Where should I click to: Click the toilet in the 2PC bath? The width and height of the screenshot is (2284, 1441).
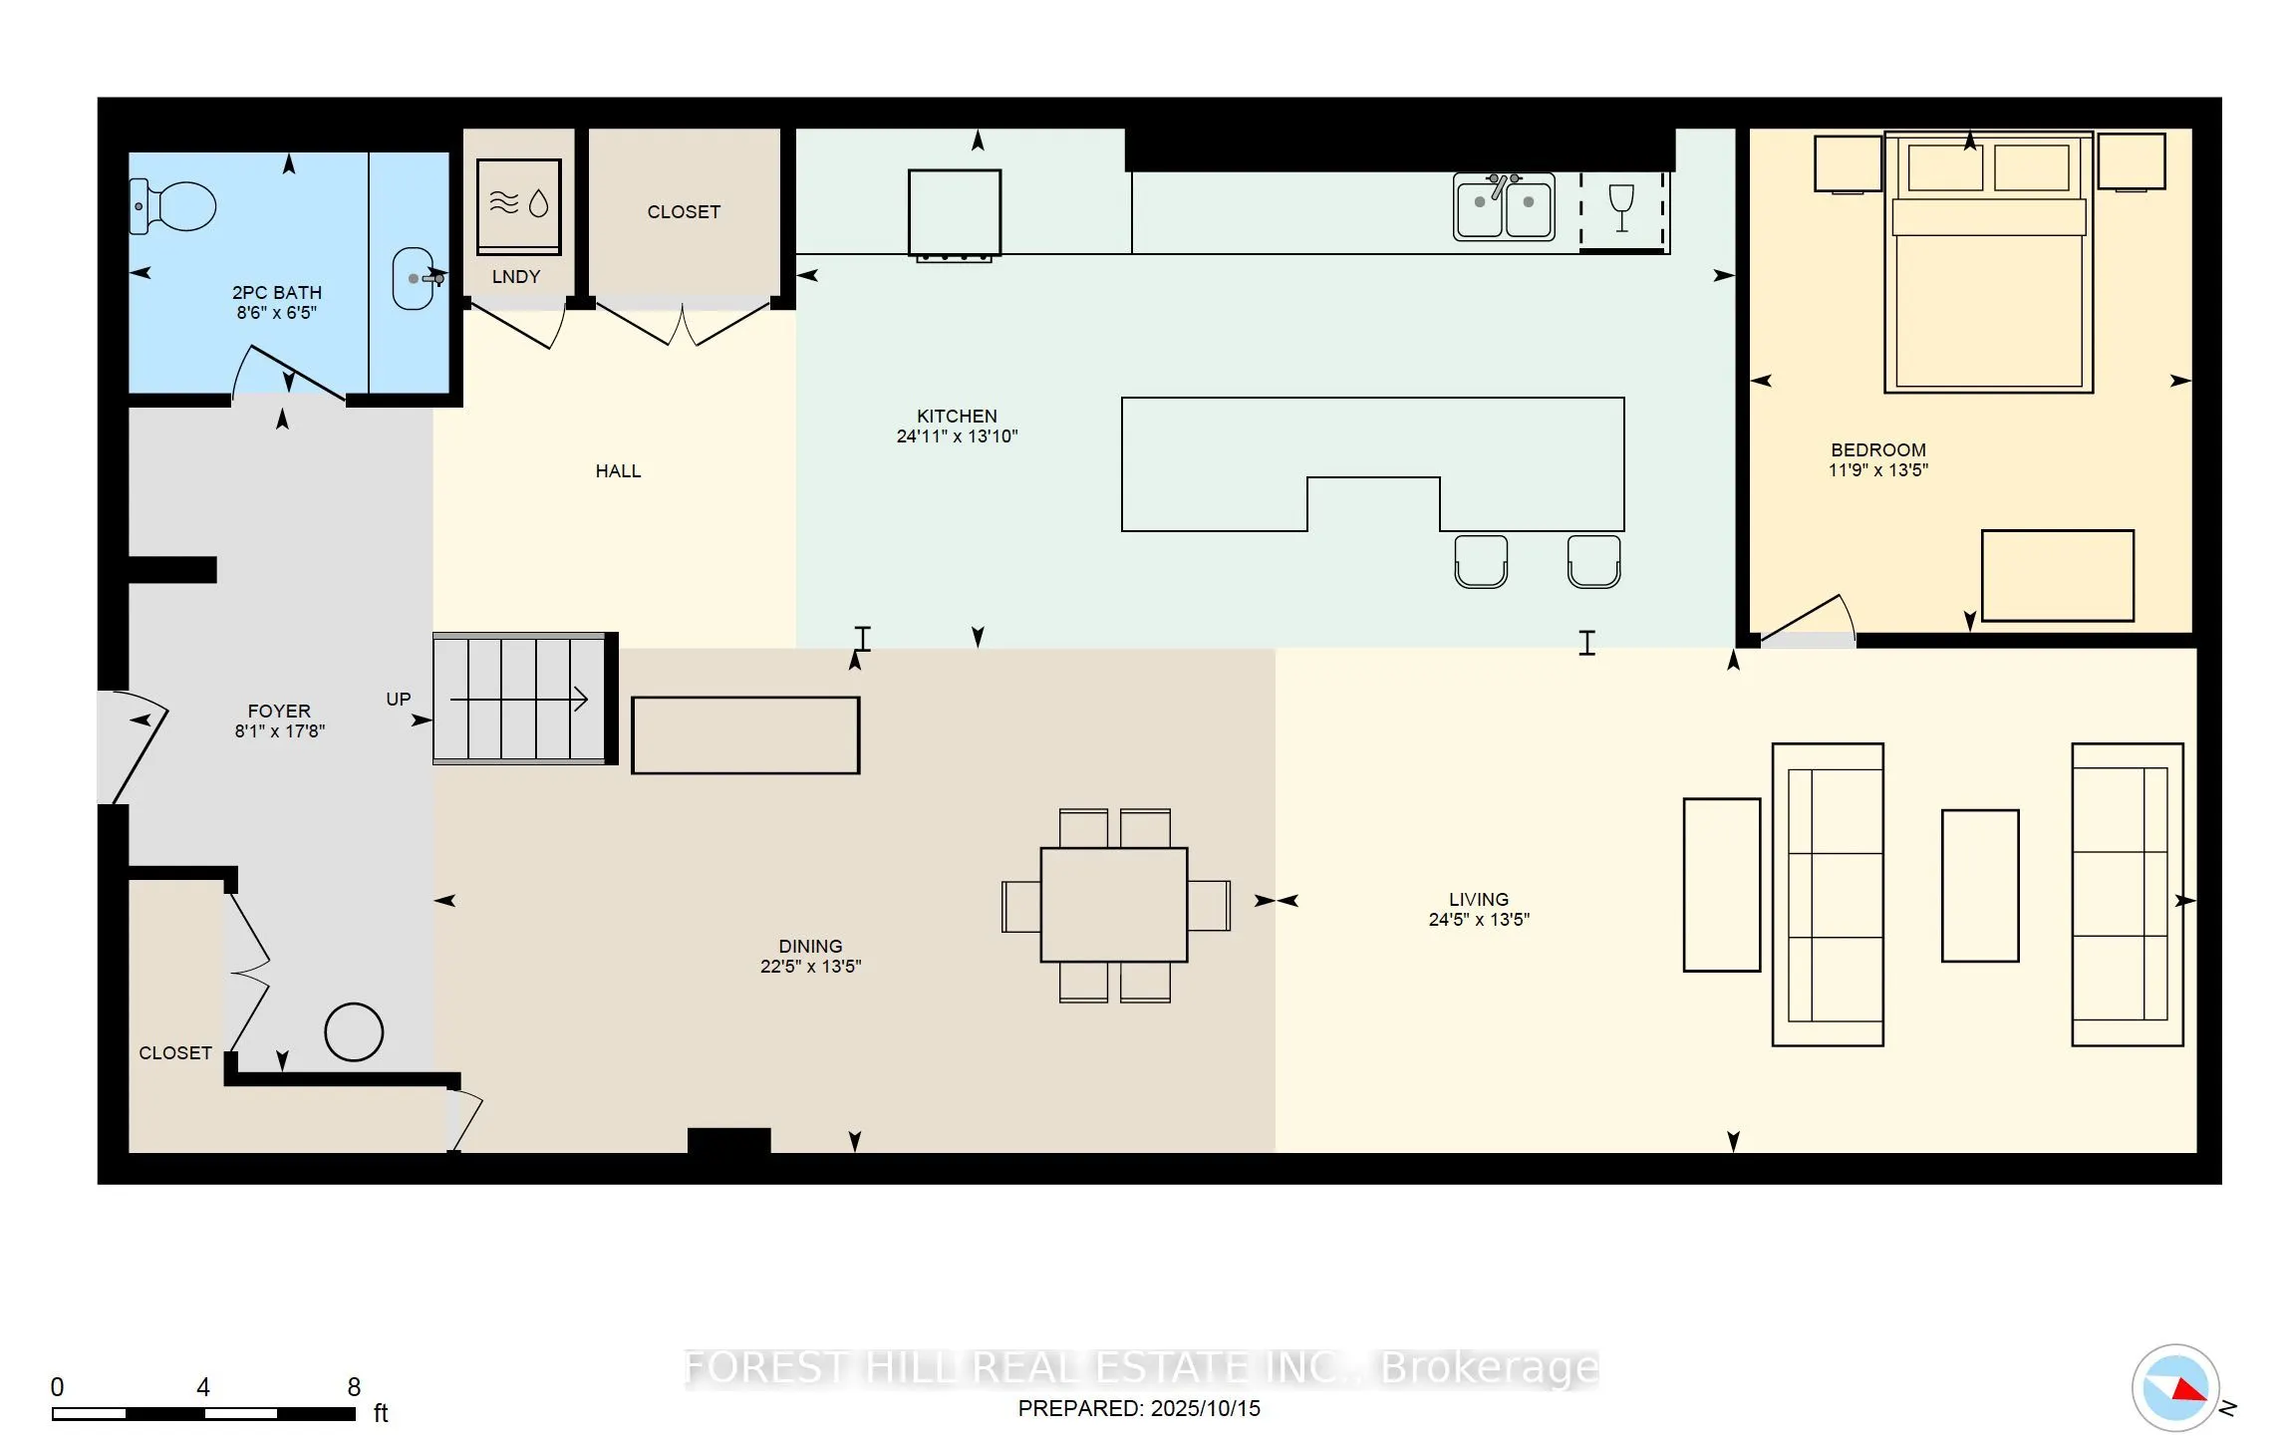[x=175, y=206]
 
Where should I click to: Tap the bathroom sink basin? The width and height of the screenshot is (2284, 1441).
[x=413, y=279]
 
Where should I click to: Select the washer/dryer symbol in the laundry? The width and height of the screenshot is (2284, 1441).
[x=518, y=204]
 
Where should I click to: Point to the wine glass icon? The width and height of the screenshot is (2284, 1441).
[x=1621, y=208]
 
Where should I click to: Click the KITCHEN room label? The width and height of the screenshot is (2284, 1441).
[x=957, y=416]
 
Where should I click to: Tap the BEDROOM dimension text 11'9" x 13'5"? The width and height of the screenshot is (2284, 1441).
[x=1877, y=470]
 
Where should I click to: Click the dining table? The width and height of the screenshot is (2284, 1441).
[x=1114, y=905]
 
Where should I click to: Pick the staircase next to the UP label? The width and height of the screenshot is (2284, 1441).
[x=520, y=700]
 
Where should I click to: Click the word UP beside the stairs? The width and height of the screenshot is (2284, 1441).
[x=399, y=700]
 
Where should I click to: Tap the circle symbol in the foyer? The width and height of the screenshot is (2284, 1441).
[x=354, y=1031]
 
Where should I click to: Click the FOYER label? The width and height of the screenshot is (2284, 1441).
[x=279, y=711]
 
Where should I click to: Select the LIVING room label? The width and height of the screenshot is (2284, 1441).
[x=1479, y=899]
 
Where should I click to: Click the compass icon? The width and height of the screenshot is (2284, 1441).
[x=2175, y=1387]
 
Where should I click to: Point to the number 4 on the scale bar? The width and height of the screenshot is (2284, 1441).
[x=203, y=1387]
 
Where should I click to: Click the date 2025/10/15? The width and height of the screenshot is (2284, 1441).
[x=1205, y=1408]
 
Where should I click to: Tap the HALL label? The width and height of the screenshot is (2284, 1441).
[x=618, y=471]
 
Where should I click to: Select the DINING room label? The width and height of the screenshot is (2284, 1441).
[x=810, y=946]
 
